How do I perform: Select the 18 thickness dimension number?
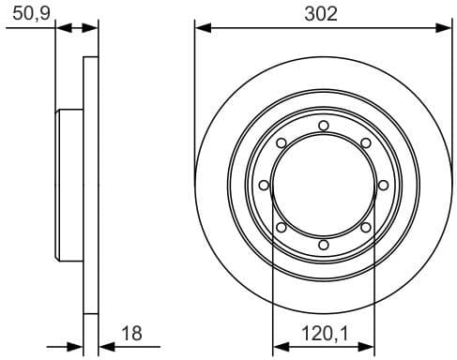pos(132,331)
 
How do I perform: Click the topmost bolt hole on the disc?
pos(323,126)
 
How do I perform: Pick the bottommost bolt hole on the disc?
pos(323,245)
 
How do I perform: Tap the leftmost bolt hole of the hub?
pos(264,186)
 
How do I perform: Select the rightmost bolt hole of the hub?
pos(383,186)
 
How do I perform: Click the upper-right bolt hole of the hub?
pos(365,143)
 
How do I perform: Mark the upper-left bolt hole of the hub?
pos(281,143)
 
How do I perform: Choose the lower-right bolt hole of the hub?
pos(365,227)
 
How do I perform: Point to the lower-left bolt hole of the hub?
pos(281,227)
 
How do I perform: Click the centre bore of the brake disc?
pos(323,186)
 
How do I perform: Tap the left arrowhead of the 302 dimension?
pos(199,28)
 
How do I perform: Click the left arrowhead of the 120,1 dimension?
pos(277,347)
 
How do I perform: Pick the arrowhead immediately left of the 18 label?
pos(104,347)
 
